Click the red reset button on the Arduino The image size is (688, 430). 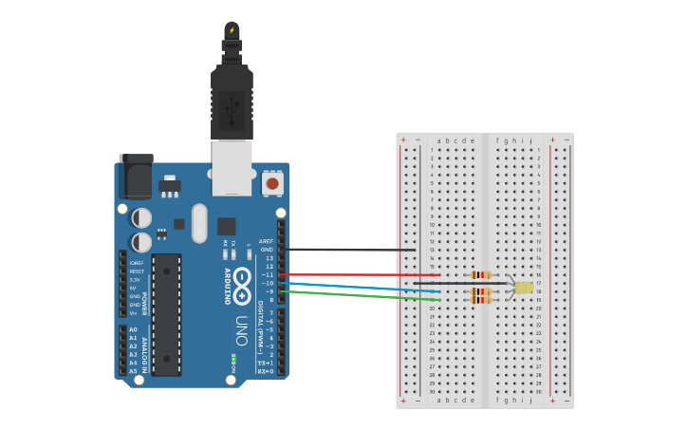272,183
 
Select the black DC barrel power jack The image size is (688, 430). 136,178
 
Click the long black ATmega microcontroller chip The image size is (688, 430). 166,314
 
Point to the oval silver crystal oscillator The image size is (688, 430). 199,223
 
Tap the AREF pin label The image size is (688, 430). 267,241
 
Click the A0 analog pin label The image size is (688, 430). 133,329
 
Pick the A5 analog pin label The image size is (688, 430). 133,371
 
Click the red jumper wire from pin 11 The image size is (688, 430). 361,275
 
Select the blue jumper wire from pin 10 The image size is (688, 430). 361,287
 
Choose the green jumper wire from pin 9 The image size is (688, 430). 361,296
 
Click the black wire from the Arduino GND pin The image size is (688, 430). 351,250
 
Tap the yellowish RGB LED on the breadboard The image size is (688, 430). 524,287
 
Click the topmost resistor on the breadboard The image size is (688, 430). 481,275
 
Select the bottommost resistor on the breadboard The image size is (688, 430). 481,300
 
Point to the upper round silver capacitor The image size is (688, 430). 140,218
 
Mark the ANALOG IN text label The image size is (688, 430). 145,350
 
